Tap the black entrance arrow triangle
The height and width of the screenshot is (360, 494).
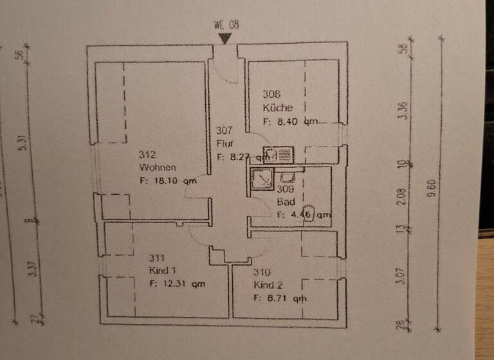224,39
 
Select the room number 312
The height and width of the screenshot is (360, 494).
147,154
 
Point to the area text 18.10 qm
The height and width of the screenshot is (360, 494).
167,181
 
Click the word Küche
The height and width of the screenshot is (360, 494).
277,107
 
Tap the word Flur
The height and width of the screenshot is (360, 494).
224,143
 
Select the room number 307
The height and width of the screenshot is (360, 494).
224,130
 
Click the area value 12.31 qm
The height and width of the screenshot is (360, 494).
177,283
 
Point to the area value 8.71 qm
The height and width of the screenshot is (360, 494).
280,298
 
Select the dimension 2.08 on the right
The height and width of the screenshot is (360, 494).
402,196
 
